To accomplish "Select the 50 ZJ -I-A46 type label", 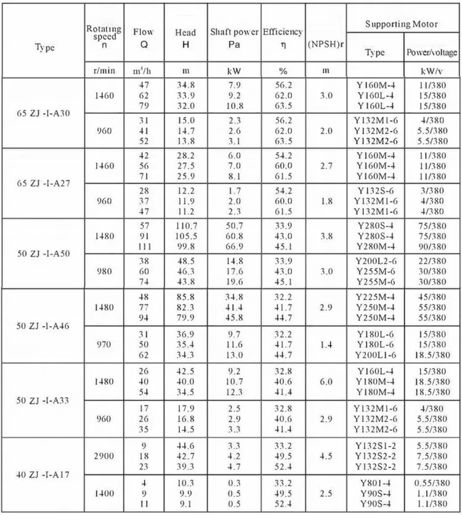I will [x=43, y=325].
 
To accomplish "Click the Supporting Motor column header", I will [x=401, y=24].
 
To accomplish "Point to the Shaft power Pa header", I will [x=233, y=37].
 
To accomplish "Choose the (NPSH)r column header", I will [x=325, y=46].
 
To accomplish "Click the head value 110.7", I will [x=186, y=226].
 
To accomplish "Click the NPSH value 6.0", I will [x=326, y=381].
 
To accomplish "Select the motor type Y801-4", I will [x=375, y=482].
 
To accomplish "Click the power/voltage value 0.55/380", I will [x=431, y=482].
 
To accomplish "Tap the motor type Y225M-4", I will [x=375, y=297].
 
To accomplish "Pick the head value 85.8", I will [x=186, y=297].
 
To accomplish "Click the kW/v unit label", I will [x=431, y=71].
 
